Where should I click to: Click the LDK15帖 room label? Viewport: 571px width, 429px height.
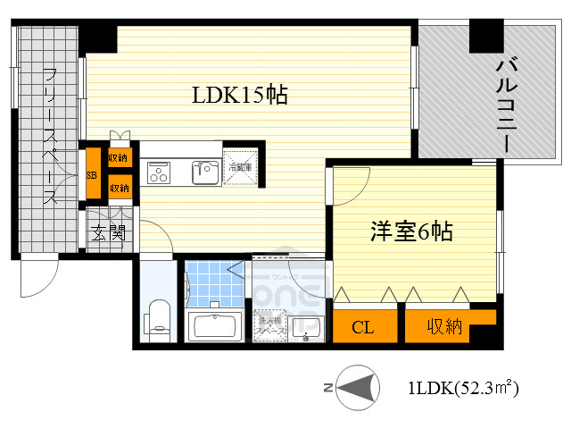point(240,95)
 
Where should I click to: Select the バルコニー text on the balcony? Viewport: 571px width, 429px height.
point(508,94)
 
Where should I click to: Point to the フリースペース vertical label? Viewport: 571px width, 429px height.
point(50,135)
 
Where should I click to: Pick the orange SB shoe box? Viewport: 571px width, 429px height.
point(91,174)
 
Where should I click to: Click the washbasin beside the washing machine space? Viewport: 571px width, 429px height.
point(309,328)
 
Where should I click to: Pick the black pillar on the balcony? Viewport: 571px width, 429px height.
point(487,35)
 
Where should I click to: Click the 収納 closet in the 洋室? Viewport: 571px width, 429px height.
point(443,326)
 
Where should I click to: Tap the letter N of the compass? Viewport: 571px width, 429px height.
point(327,388)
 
